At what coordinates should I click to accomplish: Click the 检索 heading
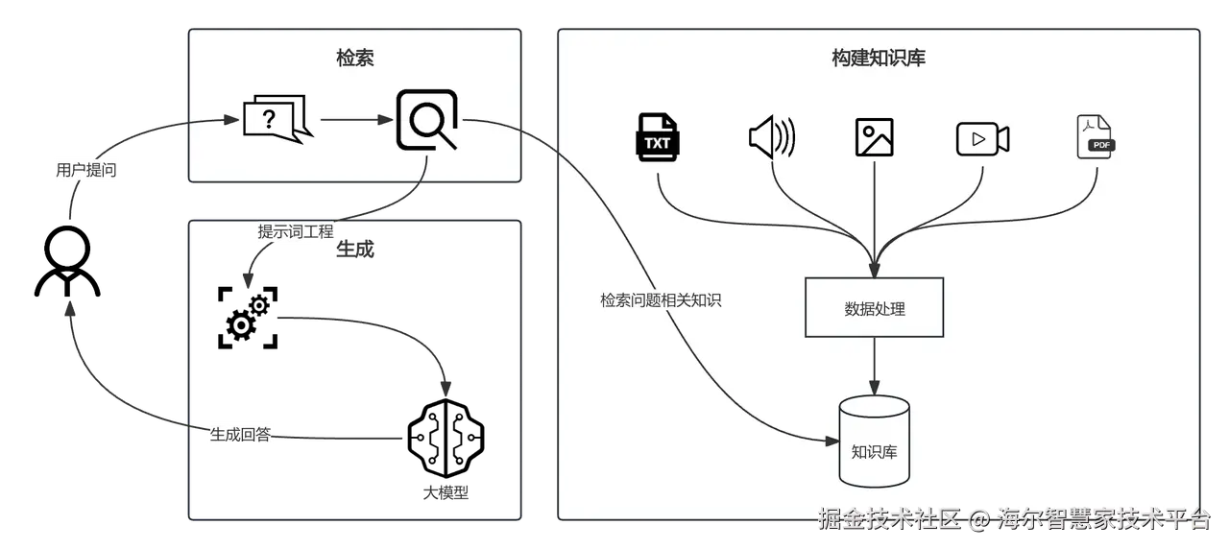pyautogui.click(x=354, y=59)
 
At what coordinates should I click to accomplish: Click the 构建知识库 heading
pyautogui.click(x=878, y=59)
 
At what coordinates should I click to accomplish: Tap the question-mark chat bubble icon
pyautogui.click(x=277, y=120)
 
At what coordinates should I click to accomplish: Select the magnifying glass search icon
pyautogui.click(x=427, y=120)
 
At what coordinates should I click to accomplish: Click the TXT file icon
pyautogui.click(x=658, y=136)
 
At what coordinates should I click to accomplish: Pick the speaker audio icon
pyautogui.click(x=772, y=137)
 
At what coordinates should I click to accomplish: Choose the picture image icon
pyautogui.click(x=874, y=137)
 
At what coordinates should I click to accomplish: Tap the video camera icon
pyautogui.click(x=982, y=138)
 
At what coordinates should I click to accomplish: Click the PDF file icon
pyautogui.click(x=1096, y=136)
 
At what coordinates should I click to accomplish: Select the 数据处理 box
pyautogui.click(x=874, y=308)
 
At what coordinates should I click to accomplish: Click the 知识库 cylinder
pyautogui.click(x=874, y=442)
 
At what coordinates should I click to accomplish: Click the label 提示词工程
pyautogui.click(x=296, y=231)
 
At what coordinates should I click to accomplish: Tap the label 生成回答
pyautogui.click(x=241, y=435)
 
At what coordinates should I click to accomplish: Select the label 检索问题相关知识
pyautogui.click(x=661, y=300)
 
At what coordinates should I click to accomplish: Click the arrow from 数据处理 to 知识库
pyautogui.click(x=874, y=366)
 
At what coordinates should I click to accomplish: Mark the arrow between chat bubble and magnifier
pyautogui.click(x=355, y=120)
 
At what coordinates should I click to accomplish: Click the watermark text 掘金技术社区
pyautogui.click(x=888, y=520)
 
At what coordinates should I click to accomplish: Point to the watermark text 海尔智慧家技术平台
pyautogui.click(x=1104, y=520)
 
